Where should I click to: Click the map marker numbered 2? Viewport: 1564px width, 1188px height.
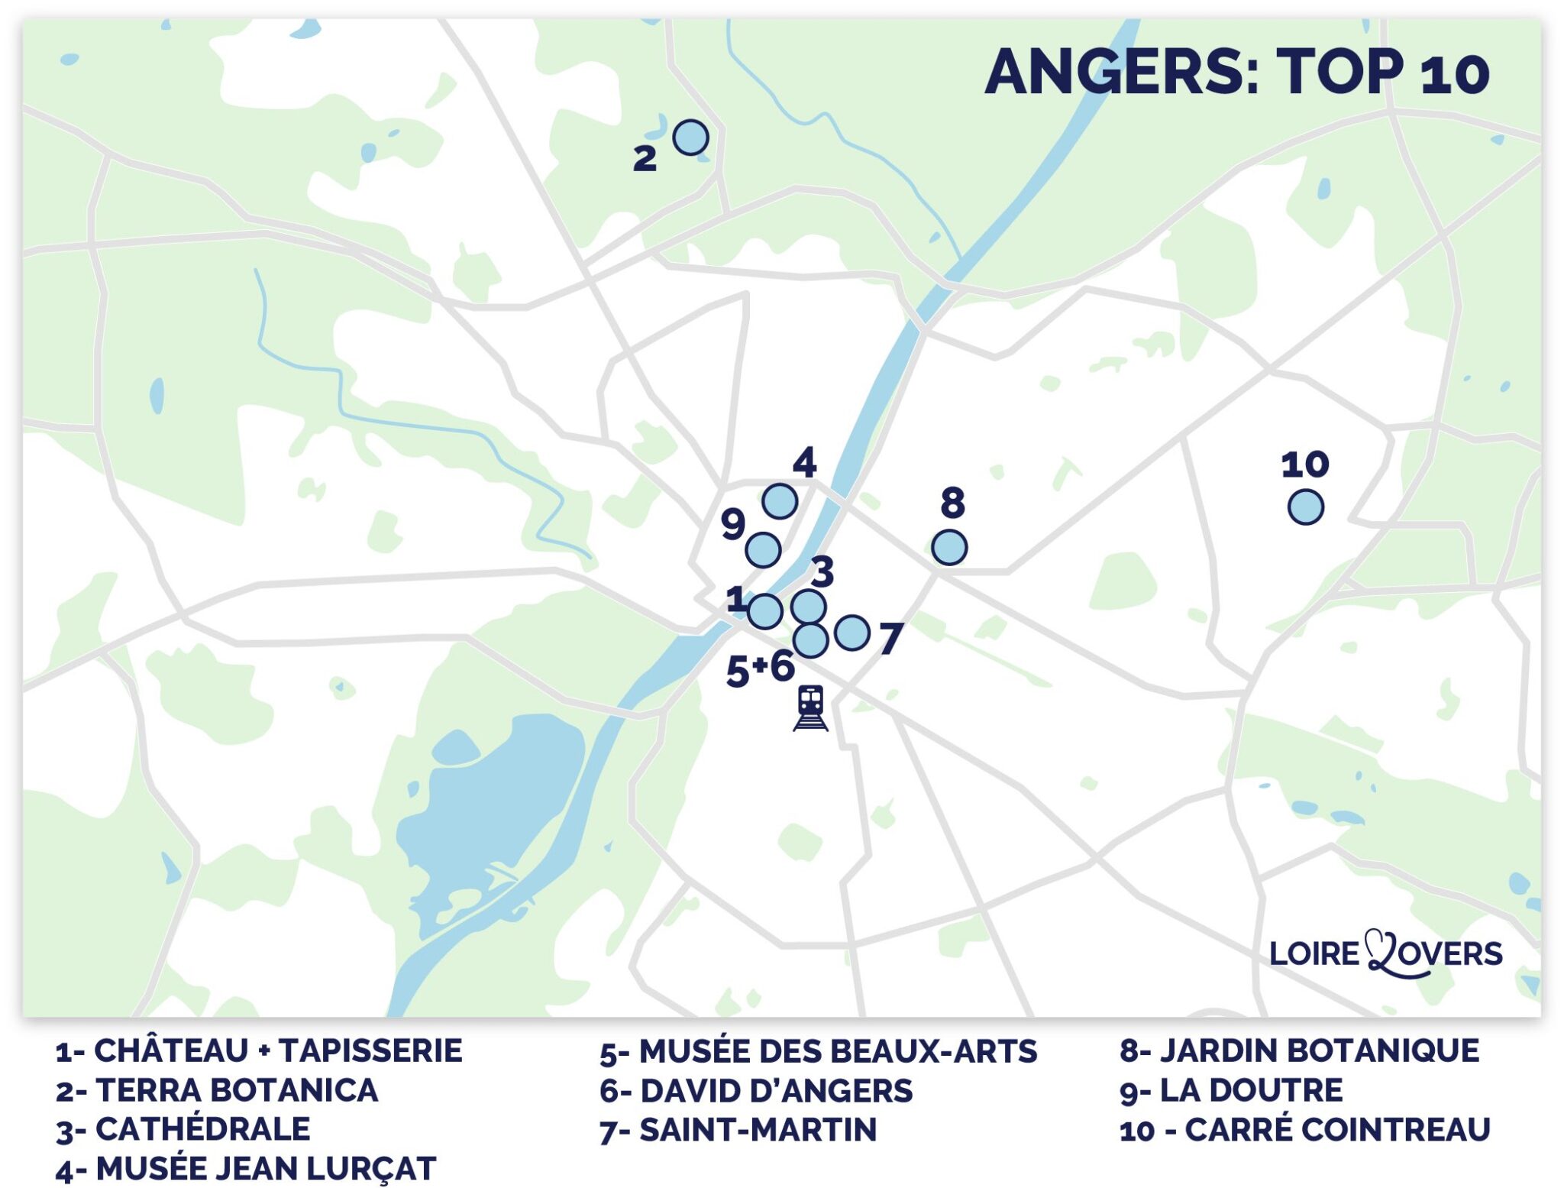pyautogui.click(x=690, y=138)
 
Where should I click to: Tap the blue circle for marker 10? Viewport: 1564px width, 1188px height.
pyautogui.click(x=1305, y=507)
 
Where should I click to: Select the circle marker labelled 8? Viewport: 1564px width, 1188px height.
pyautogui.click(x=949, y=547)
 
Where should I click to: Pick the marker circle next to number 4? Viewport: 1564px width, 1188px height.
pyautogui.click(x=780, y=501)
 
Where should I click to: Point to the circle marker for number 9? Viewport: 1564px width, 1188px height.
pyautogui.click(x=763, y=549)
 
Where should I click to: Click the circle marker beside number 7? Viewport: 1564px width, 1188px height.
pyautogui.click(x=851, y=633)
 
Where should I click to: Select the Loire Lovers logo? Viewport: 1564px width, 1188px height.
pyautogui.click(x=1385, y=953)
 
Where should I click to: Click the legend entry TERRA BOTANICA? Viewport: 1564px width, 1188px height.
pyautogui.click(x=217, y=1090)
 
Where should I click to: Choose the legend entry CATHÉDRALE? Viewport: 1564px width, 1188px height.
pyautogui.click(x=183, y=1129)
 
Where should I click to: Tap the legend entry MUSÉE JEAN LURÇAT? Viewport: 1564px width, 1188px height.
pyautogui.click(x=246, y=1169)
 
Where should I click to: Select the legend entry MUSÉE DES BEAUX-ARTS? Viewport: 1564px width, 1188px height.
pyautogui.click(x=818, y=1051)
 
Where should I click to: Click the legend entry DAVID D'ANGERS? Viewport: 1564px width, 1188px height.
pyautogui.click(x=756, y=1091)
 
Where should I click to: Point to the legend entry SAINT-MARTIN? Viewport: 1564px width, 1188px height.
pyautogui.click(x=738, y=1130)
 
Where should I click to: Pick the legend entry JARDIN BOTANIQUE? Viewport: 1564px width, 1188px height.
pyautogui.click(x=1299, y=1050)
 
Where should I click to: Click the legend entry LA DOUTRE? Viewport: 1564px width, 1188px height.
pyautogui.click(x=1231, y=1090)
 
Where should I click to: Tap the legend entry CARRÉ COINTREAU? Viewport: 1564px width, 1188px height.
pyautogui.click(x=1304, y=1130)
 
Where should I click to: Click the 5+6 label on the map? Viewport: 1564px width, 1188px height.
pyautogui.click(x=760, y=668)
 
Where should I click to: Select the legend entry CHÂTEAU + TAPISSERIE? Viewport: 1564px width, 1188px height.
pyautogui.click(x=259, y=1050)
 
